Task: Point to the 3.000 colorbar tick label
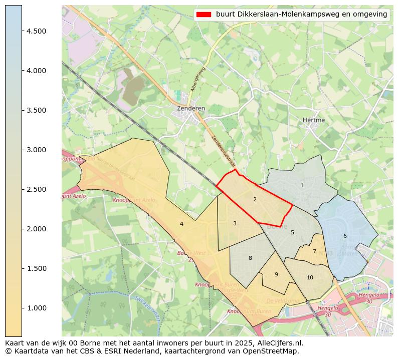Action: tap(37, 150)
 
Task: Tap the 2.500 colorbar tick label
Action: tap(37, 189)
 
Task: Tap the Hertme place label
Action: tap(314, 120)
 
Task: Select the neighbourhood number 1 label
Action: tap(302, 185)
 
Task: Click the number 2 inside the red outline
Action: tap(255, 199)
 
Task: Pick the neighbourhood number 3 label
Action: tap(235, 223)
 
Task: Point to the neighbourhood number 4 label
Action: tap(181, 224)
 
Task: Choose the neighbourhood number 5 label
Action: tap(292, 232)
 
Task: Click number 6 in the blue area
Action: tap(345, 236)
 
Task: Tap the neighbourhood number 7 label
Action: tap(314, 251)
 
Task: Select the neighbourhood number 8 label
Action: tap(250, 258)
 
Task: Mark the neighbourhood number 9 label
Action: tap(276, 274)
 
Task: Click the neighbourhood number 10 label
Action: tap(310, 277)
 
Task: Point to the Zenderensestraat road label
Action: tap(223, 151)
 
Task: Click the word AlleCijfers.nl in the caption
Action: tap(280, 343)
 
